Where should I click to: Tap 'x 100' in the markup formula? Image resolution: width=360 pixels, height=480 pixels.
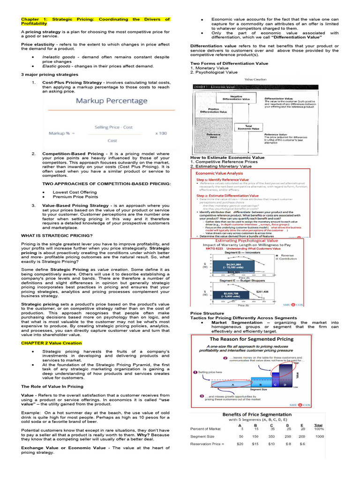(x=160, y=133)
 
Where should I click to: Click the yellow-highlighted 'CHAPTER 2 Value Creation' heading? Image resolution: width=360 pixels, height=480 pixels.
(x=51, y=343)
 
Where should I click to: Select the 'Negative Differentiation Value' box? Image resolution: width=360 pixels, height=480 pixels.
(x=236, y=98)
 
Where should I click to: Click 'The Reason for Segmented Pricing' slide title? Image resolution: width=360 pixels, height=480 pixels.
(x=251, y=338)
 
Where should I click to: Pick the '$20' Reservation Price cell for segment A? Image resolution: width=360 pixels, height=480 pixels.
(x=241, y=443)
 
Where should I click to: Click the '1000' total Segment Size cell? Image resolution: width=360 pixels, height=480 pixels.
(x=319, y=436)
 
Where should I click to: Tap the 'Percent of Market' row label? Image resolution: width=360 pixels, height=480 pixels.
(x=205, y=428)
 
